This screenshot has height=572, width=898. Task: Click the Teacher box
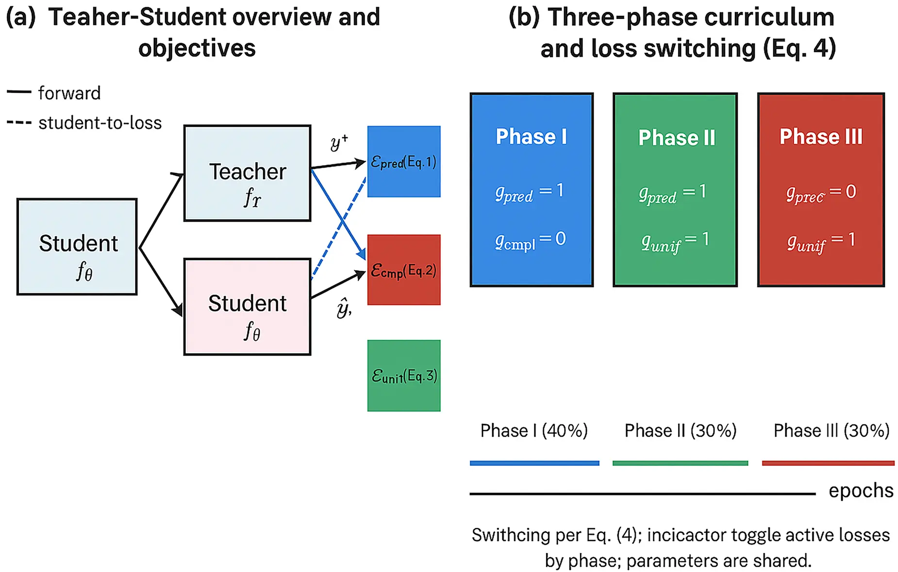247,173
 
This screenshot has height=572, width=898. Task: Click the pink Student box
247,307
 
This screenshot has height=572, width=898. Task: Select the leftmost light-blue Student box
77,246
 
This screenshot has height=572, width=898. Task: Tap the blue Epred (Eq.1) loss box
403,162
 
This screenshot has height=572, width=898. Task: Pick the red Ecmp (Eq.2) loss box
403,270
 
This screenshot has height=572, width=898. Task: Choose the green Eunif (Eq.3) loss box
403,376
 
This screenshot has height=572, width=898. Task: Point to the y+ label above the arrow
339,142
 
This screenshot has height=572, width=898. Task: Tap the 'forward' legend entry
69,93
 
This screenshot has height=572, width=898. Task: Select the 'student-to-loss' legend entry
100,123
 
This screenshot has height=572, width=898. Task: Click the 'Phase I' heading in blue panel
531,136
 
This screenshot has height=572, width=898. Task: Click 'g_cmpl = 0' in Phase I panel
530,240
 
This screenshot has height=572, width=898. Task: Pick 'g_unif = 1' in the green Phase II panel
675,241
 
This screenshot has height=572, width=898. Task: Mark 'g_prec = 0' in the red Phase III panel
821,193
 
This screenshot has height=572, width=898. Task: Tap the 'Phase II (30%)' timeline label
680,430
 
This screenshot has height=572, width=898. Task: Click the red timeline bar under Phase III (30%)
828,463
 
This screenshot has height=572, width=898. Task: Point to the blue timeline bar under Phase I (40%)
534,463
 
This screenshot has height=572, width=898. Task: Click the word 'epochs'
861,490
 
